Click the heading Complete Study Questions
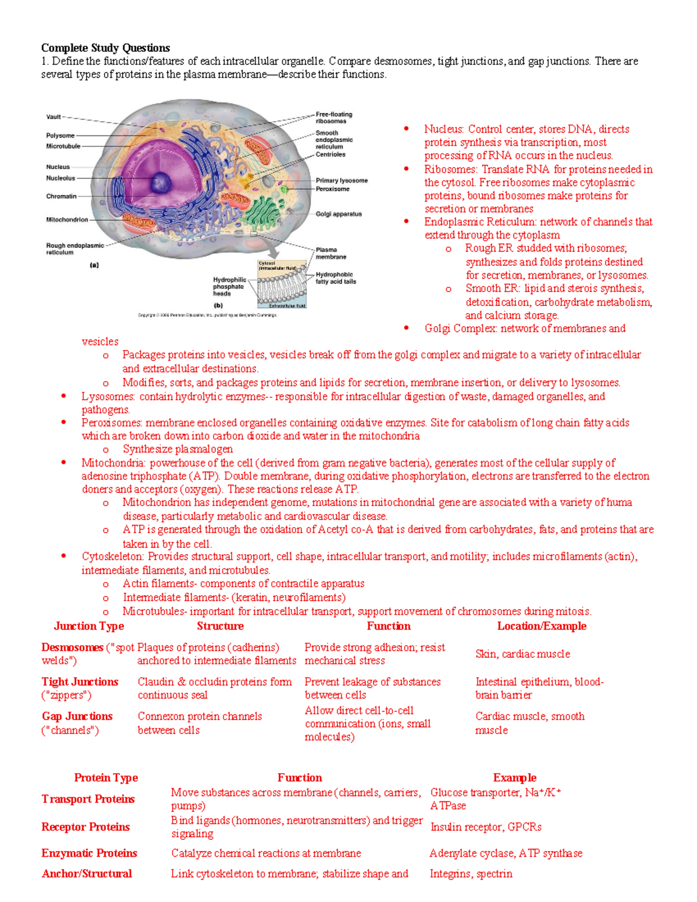click(x=105, y=48)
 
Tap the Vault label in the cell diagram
click(x=53, y=117)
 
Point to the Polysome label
click(x=60, y=135)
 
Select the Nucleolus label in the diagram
click(x=60, y=178)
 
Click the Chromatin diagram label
click(x=61, y=196)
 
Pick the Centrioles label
click(x=330, y=154)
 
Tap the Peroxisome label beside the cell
click(x=332, y=189)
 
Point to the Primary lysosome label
click(x=342, y=181)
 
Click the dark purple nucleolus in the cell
click(x=161, y=181)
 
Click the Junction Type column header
click(x=89, y=626)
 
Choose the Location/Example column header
click(x=541, y=626)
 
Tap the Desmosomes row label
click(x=72, y=648)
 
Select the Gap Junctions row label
click(x=77, y=717)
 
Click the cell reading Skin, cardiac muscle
click(x=523, y=654)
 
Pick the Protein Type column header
click(x=106, y=778)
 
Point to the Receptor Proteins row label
click(x=85, y=827)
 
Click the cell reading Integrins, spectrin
click(x=471, y=874)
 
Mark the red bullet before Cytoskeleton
click(x=63, y=556)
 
